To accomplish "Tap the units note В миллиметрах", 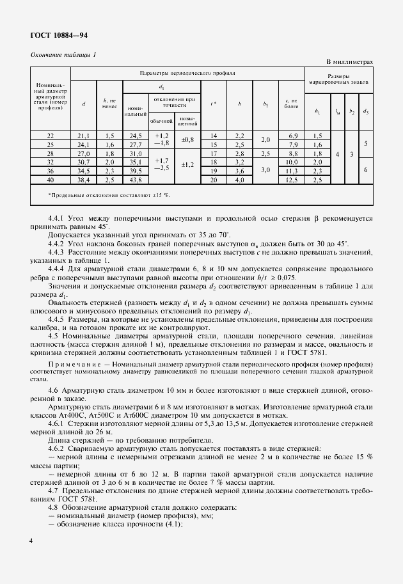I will pyautogui.click(x=349, y=62).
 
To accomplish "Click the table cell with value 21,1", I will pyautogui.click(x=84, y=136).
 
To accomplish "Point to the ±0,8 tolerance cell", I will pyautogui.click(x=188, y=140).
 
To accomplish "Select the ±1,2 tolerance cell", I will pyautogui.click(x=188, y=164).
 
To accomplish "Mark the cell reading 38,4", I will pyautogui.click(x=84, y=180).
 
